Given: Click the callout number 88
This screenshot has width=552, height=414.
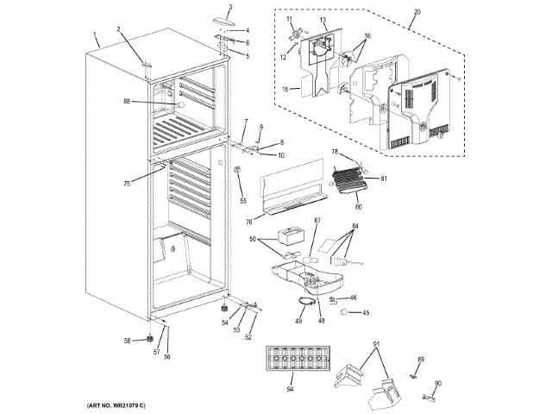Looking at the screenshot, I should pyautogui.click(x=126, y=102).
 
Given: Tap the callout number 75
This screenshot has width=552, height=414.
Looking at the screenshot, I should pyautogui.click(x=126, y=183).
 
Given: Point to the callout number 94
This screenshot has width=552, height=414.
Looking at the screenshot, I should pyautogui.click(x=291, y=389).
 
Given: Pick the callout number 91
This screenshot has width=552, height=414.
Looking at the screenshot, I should pyautogui.click(x=375, y=345).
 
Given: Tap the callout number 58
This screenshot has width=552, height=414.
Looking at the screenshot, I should pyautogui.click(x=127, y=342).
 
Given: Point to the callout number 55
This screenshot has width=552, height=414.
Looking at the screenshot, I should pyautogui.click(x=242, y=201).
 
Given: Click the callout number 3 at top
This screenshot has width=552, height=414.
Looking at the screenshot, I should pyautogui.click(x=230, y=8).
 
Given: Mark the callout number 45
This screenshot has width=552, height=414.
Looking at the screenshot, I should pyautogui.click(x=365, y=313).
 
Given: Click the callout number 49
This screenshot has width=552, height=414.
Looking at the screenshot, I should pyautogui.click(x=298, y=321).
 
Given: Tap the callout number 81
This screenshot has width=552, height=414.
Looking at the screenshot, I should pyautogui.click(x=385, y=179).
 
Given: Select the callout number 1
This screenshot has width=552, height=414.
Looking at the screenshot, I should pyautogui.click(x=93, y=35).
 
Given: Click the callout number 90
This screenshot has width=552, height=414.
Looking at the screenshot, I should pyautogui.click(x=437, y=384).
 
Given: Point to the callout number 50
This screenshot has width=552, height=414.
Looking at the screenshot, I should pyautogui.click(x=254, y=239).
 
